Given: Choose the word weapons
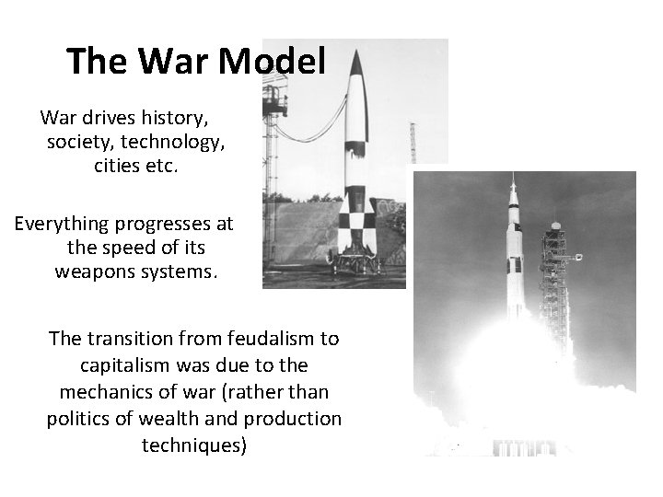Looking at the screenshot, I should coord(93,273).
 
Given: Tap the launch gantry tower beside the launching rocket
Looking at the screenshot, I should coord(555,276).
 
